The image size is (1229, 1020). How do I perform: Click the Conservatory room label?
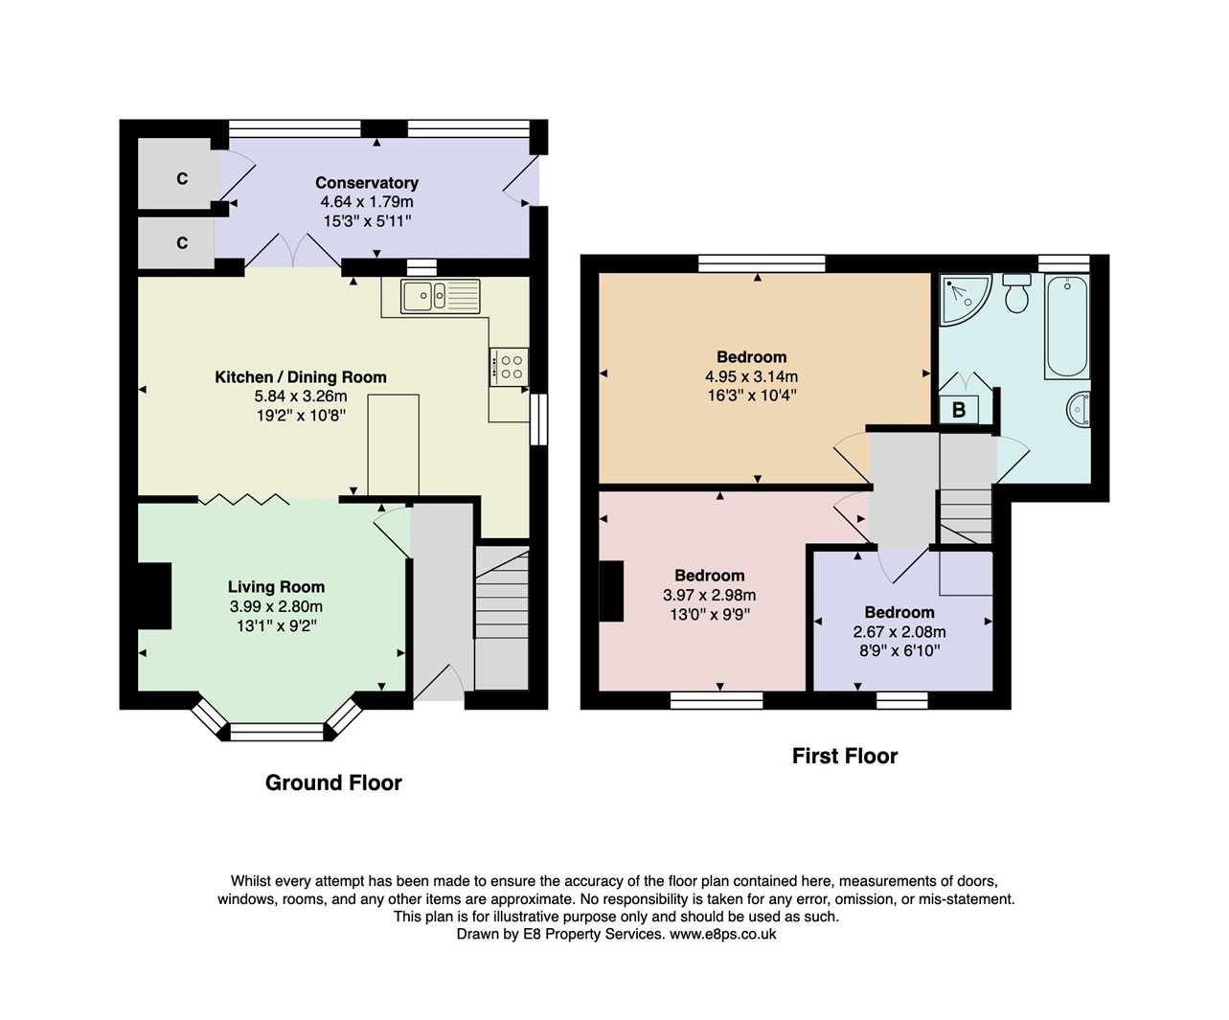367,183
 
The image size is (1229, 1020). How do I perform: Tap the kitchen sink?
440,296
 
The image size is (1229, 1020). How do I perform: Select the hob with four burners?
509,366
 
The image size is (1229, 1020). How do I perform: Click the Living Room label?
276,587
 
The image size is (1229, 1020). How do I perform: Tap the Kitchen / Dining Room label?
300,377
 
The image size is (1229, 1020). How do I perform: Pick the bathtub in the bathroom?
1066,327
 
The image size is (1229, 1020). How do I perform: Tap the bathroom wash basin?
1079,410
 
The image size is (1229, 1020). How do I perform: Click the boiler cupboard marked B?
959,410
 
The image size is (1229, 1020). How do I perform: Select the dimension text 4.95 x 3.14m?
751,376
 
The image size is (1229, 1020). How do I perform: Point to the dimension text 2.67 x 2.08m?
899,632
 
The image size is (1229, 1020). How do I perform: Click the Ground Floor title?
333,782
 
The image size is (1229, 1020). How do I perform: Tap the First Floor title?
845,756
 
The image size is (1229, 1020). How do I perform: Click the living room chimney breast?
154,596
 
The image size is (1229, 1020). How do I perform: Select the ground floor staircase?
502,618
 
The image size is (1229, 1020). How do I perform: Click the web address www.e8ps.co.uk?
722,934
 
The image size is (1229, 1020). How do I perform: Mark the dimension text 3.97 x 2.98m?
709,595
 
